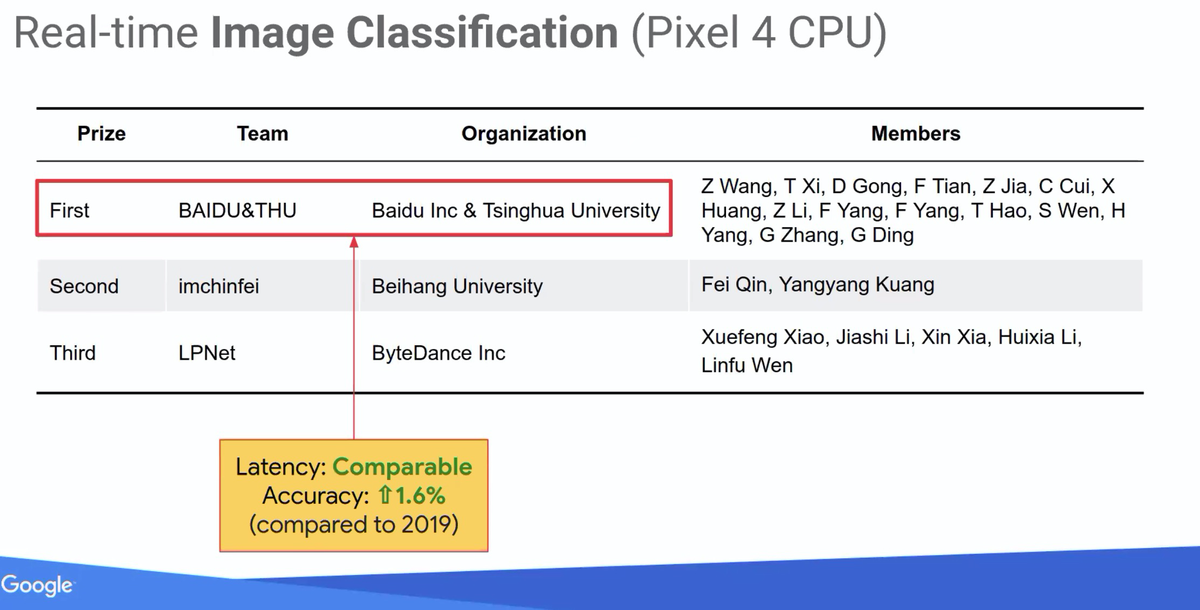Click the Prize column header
click(101, 134)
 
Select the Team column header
click(263, 134)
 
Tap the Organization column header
click(524, 134)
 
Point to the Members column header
click(915, 134)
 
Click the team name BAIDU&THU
click(237, 211)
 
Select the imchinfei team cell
click(218, 286)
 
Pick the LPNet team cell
click(207, 353)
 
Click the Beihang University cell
click(457, 286)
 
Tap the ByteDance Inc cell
click(438, 353)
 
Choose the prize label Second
click(84, 286)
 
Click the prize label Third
click(72, 353)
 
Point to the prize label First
click(69, 211)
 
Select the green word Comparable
click(402, 467)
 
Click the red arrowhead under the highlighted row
click(354, 242)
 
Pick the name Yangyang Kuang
click(856, 285)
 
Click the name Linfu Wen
click(746, 366)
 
